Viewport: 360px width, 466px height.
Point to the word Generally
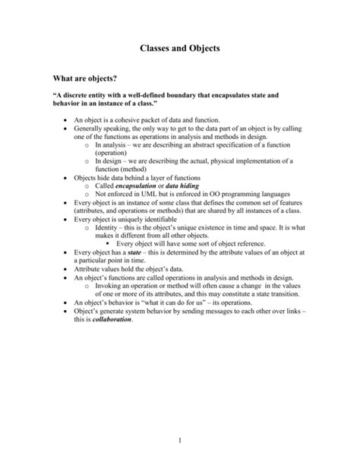tap(91, 130)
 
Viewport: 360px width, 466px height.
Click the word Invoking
tap(110, 284)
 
